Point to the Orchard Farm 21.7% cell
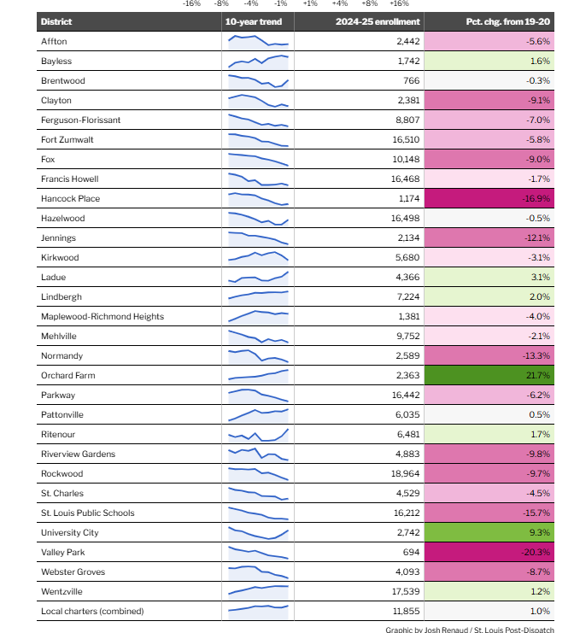489,375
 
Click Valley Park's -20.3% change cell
489,552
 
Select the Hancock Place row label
70,198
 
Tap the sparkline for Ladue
259,277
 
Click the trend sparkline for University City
259,533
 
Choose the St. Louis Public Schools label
87,513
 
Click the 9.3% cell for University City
489,532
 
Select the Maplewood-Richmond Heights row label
102,316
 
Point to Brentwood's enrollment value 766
411,80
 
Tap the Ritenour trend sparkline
259,434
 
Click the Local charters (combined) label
92,611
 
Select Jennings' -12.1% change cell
489,237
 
